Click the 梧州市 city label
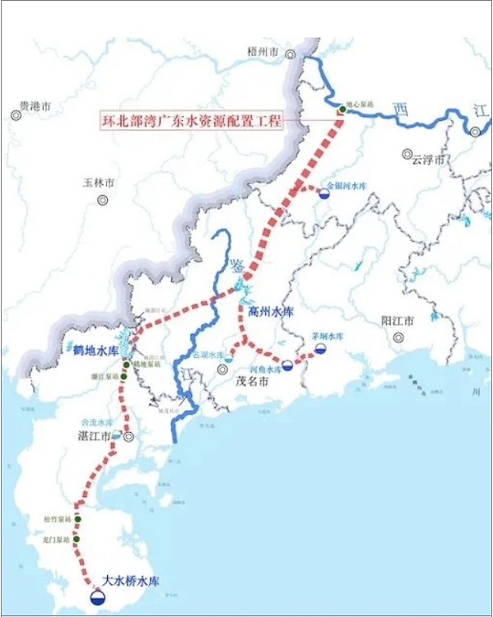(263, 52)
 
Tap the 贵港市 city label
(35, 106)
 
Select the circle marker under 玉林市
(103, 199)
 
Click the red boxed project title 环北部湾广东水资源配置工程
(191, 121)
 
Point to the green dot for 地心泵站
(342, 109)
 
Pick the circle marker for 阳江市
(398, 336)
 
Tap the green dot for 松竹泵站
(77, 520)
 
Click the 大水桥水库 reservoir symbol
(99, 595)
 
